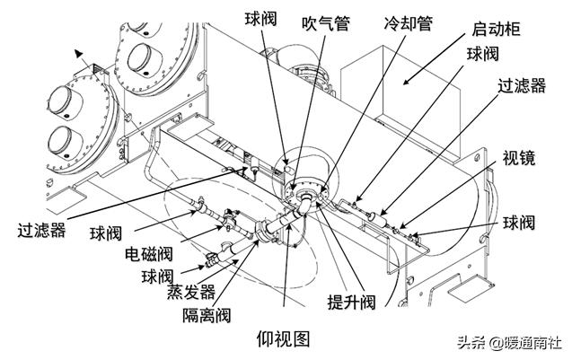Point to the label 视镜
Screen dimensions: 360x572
point(519,158)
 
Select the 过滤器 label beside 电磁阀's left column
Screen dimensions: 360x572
point(41,231)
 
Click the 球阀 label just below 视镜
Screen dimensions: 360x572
point(525,220)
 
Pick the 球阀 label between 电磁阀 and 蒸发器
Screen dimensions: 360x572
point(158,275)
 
